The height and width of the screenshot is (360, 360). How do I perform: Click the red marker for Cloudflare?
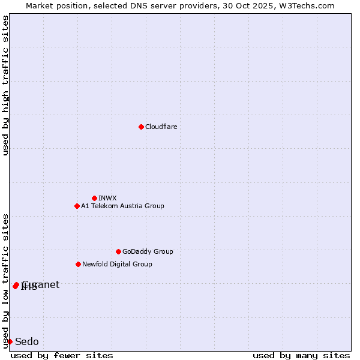click(x=141, y=127)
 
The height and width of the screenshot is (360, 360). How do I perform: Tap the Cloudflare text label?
click(x=161, y=127)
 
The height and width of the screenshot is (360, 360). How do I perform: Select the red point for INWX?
click(x=94, y=198)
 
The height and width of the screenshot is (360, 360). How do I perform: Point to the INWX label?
click(x=108, y=198)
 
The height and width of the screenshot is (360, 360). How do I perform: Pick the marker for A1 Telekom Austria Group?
click(x=77, y=206)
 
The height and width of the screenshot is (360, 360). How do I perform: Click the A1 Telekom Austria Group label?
click(x=122, y=206)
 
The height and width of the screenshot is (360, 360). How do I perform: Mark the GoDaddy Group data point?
click(x=118, y=251)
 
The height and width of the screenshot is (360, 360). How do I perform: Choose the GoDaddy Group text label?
click(x=148, y=251)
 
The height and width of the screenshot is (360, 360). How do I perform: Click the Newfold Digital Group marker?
click(x=78, y=264)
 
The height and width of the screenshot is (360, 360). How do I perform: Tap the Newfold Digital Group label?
click(x=117, y=264)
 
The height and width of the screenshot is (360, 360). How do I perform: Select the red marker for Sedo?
click(x=10, y=341)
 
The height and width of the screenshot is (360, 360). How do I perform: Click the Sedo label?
click(x=27, y=342)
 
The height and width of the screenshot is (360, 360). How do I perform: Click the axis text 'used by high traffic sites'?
click(x=5, y=85)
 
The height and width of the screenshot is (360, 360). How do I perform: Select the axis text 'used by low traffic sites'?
click(x=5, y=280)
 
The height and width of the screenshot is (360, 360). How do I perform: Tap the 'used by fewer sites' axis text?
click(x=62, y=355)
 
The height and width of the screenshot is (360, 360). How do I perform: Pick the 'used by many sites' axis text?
click(x=301, y=355)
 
